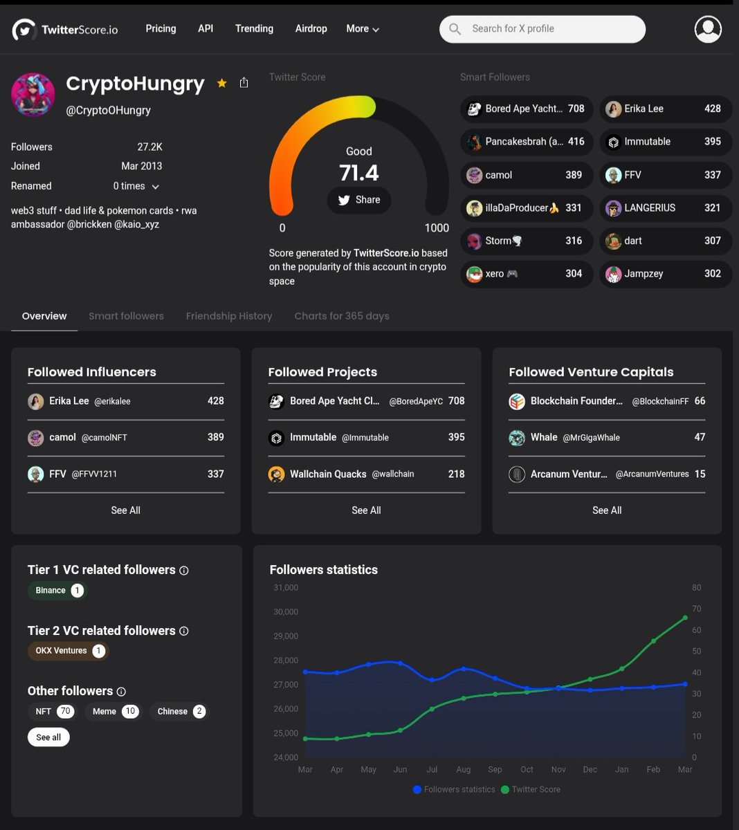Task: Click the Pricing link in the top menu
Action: pyautogui.click(x=161, y=28)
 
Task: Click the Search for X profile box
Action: pyautogui.click(x=542, y=29)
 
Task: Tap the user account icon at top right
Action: pyautogui.click(x=708, y=29)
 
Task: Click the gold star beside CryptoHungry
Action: pyautogui.click(x=221, y=83)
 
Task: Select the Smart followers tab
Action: pyautogui.click(x=126, y=316)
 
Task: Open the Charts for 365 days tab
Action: pyautogui.click(x=341, y=316)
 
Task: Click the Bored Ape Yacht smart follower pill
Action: pyautogui.click(x=527, y=109)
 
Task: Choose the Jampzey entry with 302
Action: pyautogui.click(x=665, y=274)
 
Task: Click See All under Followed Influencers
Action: pyautogui.click(x=125, y=510)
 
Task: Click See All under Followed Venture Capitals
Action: pyautogui.click(x=607, y=510)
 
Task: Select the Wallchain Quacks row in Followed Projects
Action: pyautogui.click(x=366, y=474)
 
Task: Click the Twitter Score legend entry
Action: pyautogui.click(x=531, y=789)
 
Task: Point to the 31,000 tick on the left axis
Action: pyautogui.click(x=285, y=588)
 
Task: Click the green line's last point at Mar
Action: pyautogui.click(x=685, y=618)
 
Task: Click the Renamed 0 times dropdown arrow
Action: pyautogui.click(x=156, y=187)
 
